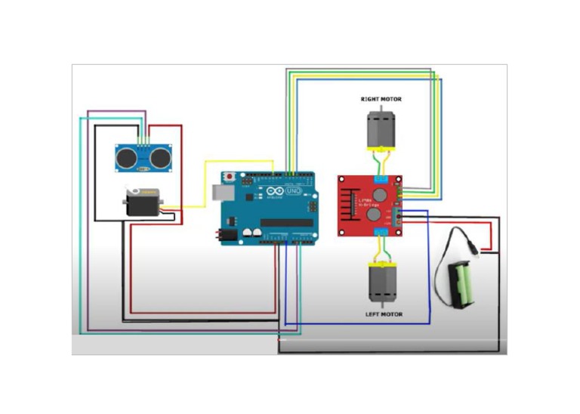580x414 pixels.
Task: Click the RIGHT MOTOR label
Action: point(381,99)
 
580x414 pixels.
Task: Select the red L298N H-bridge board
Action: point(369,205)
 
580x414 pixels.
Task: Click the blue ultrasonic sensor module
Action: point(143,157)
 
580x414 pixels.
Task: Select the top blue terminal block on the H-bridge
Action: point(381,180)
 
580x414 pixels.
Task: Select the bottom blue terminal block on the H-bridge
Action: point(381,231)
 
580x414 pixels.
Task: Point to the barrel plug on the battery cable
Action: point(471,246)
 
